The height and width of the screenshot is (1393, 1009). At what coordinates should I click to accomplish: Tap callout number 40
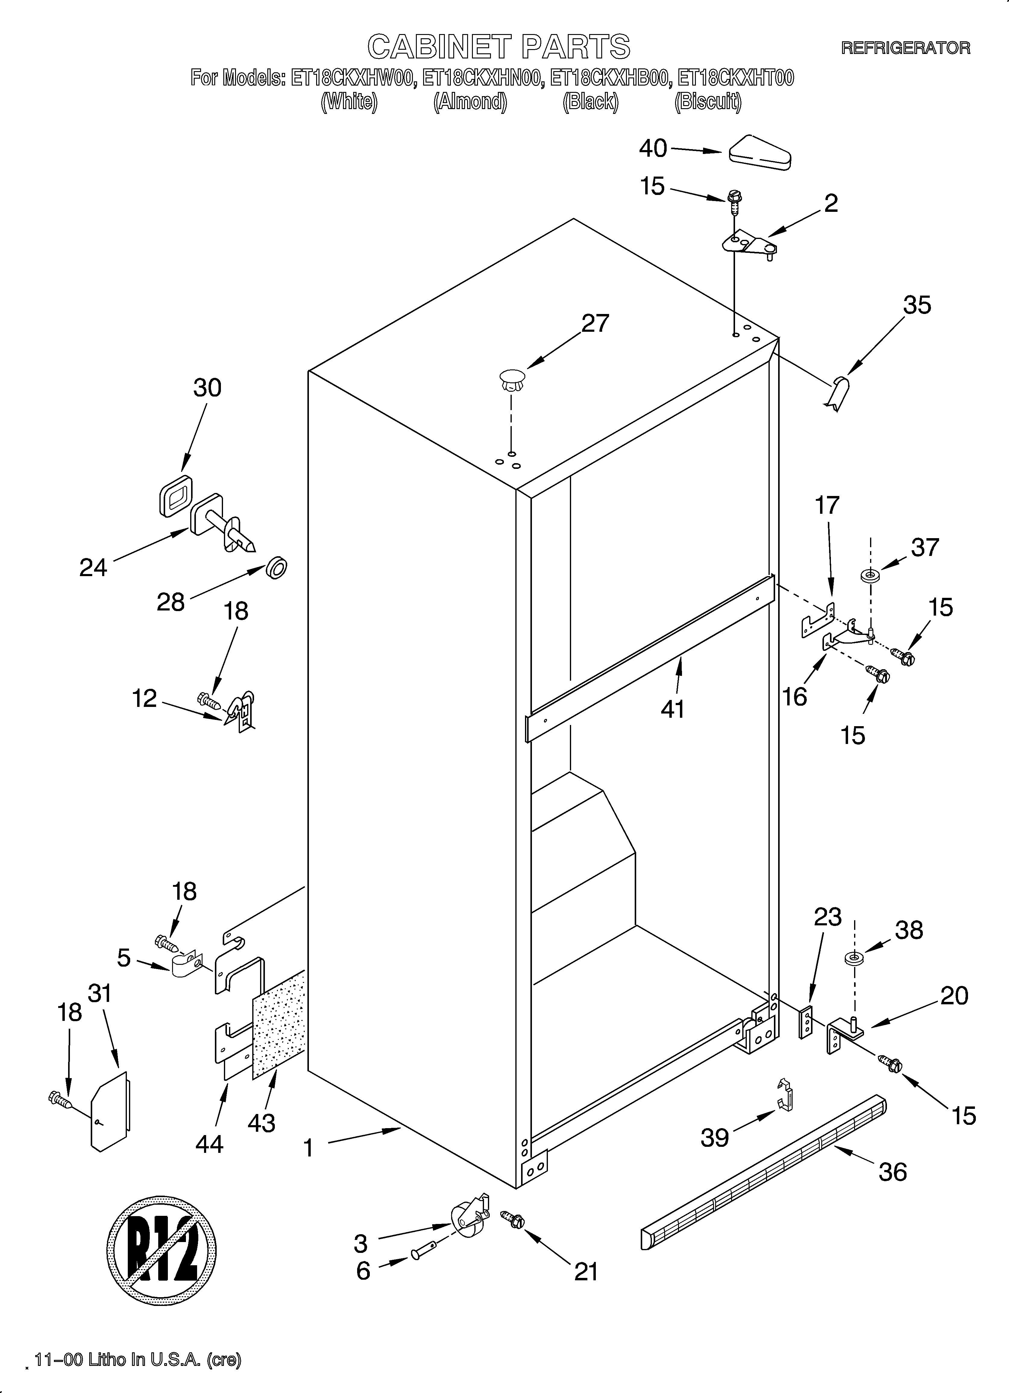(652, 148)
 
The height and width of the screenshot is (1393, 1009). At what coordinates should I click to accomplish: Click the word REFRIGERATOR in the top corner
(905, 48)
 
